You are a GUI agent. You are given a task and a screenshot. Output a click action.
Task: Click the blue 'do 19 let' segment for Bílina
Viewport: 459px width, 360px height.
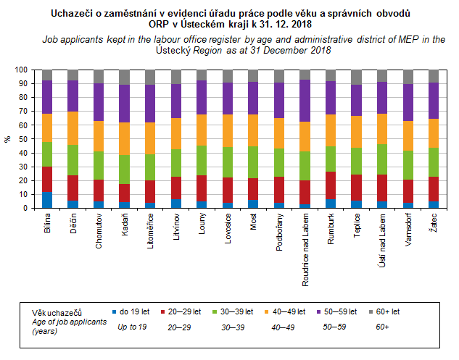point(47,200)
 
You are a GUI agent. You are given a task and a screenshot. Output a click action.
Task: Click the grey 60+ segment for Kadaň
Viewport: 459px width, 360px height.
point(125,77)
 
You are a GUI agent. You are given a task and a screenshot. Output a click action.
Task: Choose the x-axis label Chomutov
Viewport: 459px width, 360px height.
point(99,231)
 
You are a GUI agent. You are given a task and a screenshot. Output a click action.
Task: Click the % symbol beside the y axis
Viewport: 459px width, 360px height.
point(8,139)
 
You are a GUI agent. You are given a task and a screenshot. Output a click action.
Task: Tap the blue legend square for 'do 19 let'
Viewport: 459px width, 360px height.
point(113,312)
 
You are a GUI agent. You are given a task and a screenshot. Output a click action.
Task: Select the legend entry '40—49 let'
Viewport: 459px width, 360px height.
point(286,312)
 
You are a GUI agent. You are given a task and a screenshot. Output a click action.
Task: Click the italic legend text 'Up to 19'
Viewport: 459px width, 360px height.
point(133,327)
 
